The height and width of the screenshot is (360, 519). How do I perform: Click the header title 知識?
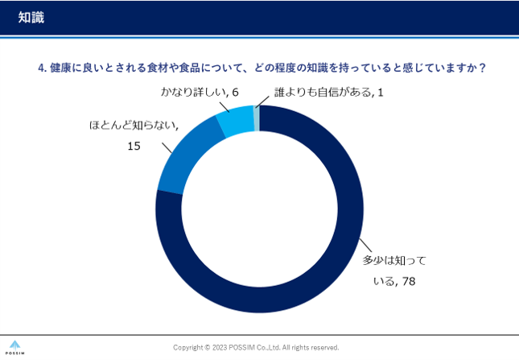tap(31, 18)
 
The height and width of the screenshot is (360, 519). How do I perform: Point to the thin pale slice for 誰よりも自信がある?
tap(257, 118)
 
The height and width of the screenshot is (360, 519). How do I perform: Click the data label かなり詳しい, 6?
tap(200, 93)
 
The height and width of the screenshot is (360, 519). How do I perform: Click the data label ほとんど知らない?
tap(133, 126)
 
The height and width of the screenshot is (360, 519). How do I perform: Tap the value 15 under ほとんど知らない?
tap(134, 146)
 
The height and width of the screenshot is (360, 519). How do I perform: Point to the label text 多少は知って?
tap(394, 260)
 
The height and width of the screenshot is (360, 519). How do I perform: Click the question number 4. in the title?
tap(43, 68)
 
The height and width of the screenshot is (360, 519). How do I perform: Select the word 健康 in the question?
tap(61, 68)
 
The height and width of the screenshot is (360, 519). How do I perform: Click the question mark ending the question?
tap(482, 68)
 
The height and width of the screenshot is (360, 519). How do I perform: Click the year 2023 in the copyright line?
tap(220, 348)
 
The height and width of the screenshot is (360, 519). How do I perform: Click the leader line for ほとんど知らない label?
tap(167, 148)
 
